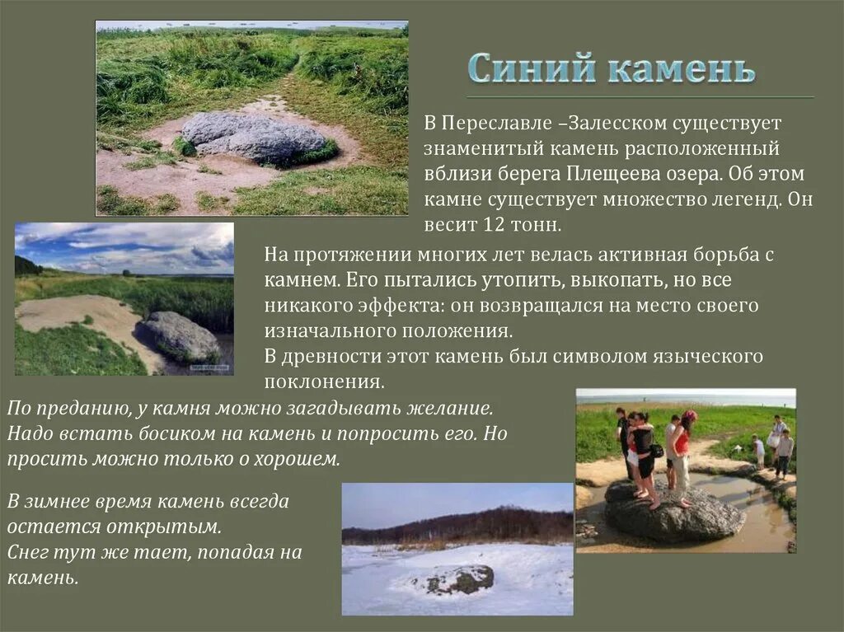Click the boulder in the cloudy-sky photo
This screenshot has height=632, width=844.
point(181,335)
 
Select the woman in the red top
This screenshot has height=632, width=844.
point(682,450)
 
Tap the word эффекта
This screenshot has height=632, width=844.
point(383,306)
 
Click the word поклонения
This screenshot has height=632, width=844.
point(324,382)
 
